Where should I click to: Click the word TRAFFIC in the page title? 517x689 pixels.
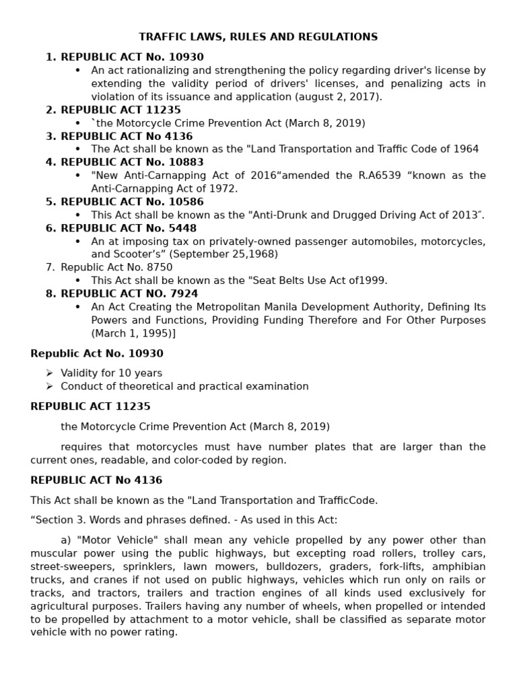pyautogui.click(x=160, y=37)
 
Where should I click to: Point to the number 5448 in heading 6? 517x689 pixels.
pyautogui.click(x=182, y=228)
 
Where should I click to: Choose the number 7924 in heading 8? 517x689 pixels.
pyautogui.click(x=183, y=293)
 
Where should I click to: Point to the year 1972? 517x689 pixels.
pyautogui.click(x=224, y=188)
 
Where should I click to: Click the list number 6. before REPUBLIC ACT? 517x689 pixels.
pyautogui.click(x=50, y=228)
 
